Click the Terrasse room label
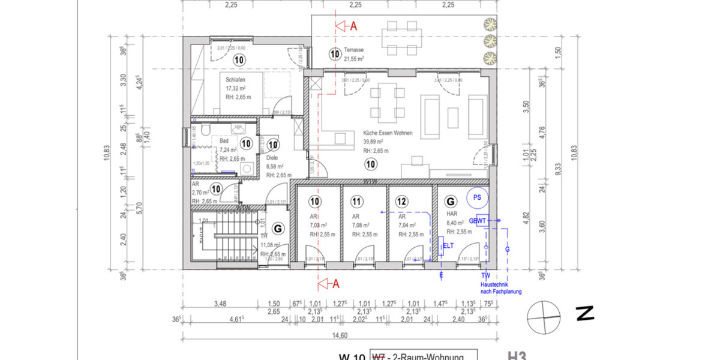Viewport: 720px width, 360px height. tap(354, 51)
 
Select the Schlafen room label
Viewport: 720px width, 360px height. tap(235, 80)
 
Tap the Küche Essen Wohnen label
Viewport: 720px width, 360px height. tap(387, 133)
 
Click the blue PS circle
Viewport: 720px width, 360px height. tap(478, 197)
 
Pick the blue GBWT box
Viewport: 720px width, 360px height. tap(482, 220)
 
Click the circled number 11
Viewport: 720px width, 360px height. tap(358, 202)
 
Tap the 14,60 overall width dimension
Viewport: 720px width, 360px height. tap(340, 335)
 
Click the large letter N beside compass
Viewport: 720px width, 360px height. tap(584, 313)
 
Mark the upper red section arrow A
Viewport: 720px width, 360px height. tap(346, 26)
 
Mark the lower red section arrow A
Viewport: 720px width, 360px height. tap(329, 283)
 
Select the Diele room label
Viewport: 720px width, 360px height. tap(272, 158)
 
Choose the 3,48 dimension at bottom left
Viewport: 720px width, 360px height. tap(220, 304)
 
